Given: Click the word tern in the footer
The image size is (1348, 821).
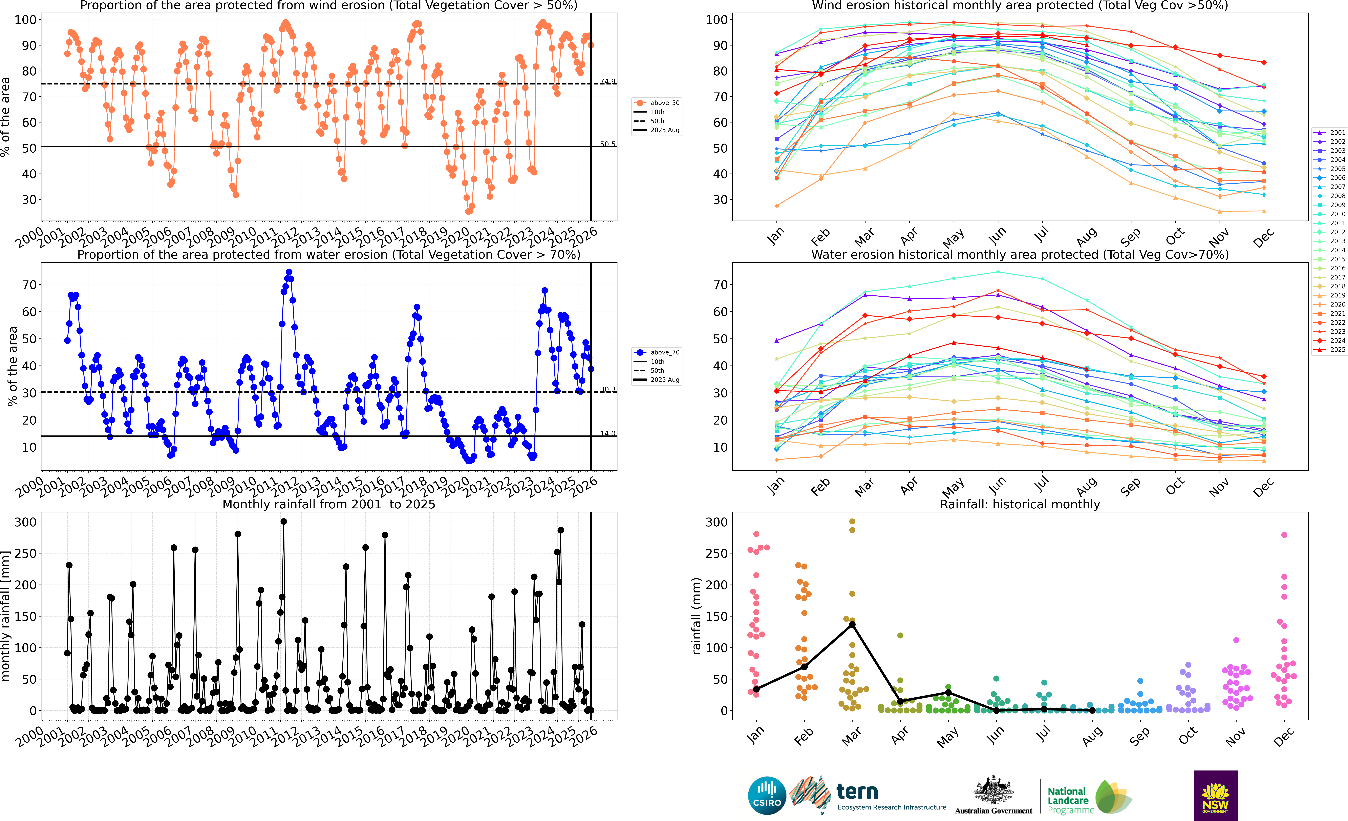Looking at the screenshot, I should pyautogui.click(x=857, y=791).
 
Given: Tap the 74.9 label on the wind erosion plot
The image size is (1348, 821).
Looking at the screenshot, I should pyautogui.click(x=607, y=82).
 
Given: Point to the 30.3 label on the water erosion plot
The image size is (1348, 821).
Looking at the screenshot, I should pyautogui.click(x=607, y=390).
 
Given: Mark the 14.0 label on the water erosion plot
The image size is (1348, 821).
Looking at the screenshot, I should pyautogui.click(x=607, y=433).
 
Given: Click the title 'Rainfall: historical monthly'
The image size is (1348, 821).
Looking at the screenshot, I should pyautogui.click(x=1020, y=504).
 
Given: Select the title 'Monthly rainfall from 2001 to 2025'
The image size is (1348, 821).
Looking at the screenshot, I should pyautogui.click(x=329, y=504).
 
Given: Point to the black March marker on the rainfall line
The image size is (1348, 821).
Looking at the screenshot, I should pyautogui.click(x=852, y=625).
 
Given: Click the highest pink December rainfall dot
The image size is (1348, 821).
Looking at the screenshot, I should pyautogui.click(x=1284, y=535).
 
